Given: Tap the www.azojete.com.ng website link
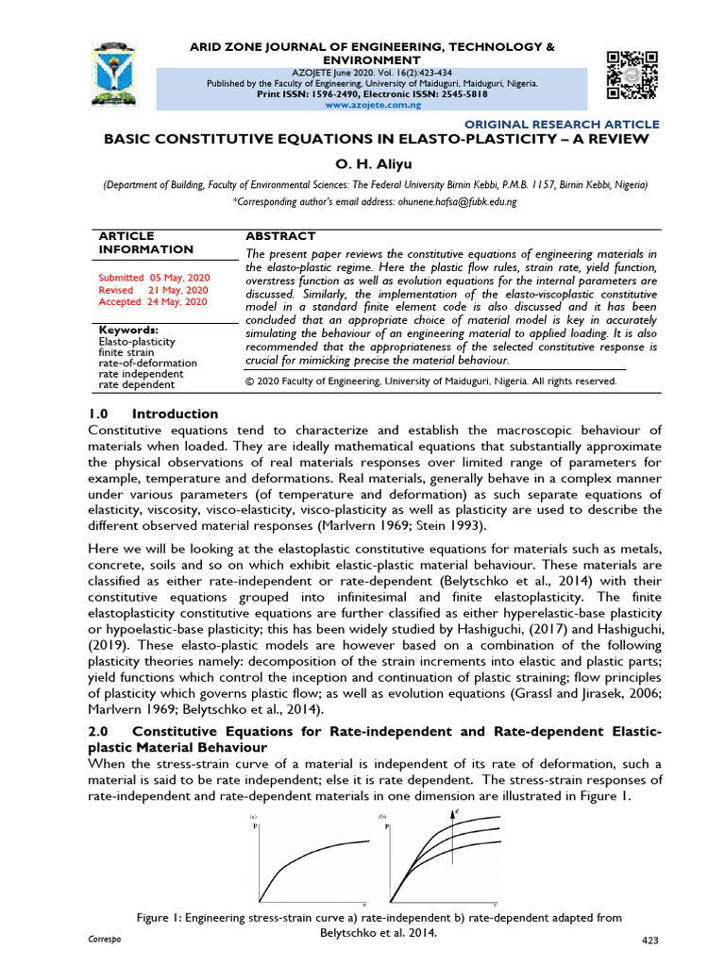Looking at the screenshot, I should [x=374, y=106].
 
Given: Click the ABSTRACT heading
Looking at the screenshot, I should [x=280, y=236].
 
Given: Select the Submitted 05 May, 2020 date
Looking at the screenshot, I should [x=155, y=278].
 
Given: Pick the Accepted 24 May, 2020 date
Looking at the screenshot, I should [x=152, y=302].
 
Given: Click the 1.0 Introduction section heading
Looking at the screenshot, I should [x=153, y=414].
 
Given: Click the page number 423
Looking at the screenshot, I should [x=649, y=941].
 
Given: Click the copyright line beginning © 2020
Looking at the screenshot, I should [x=430, y=382].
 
